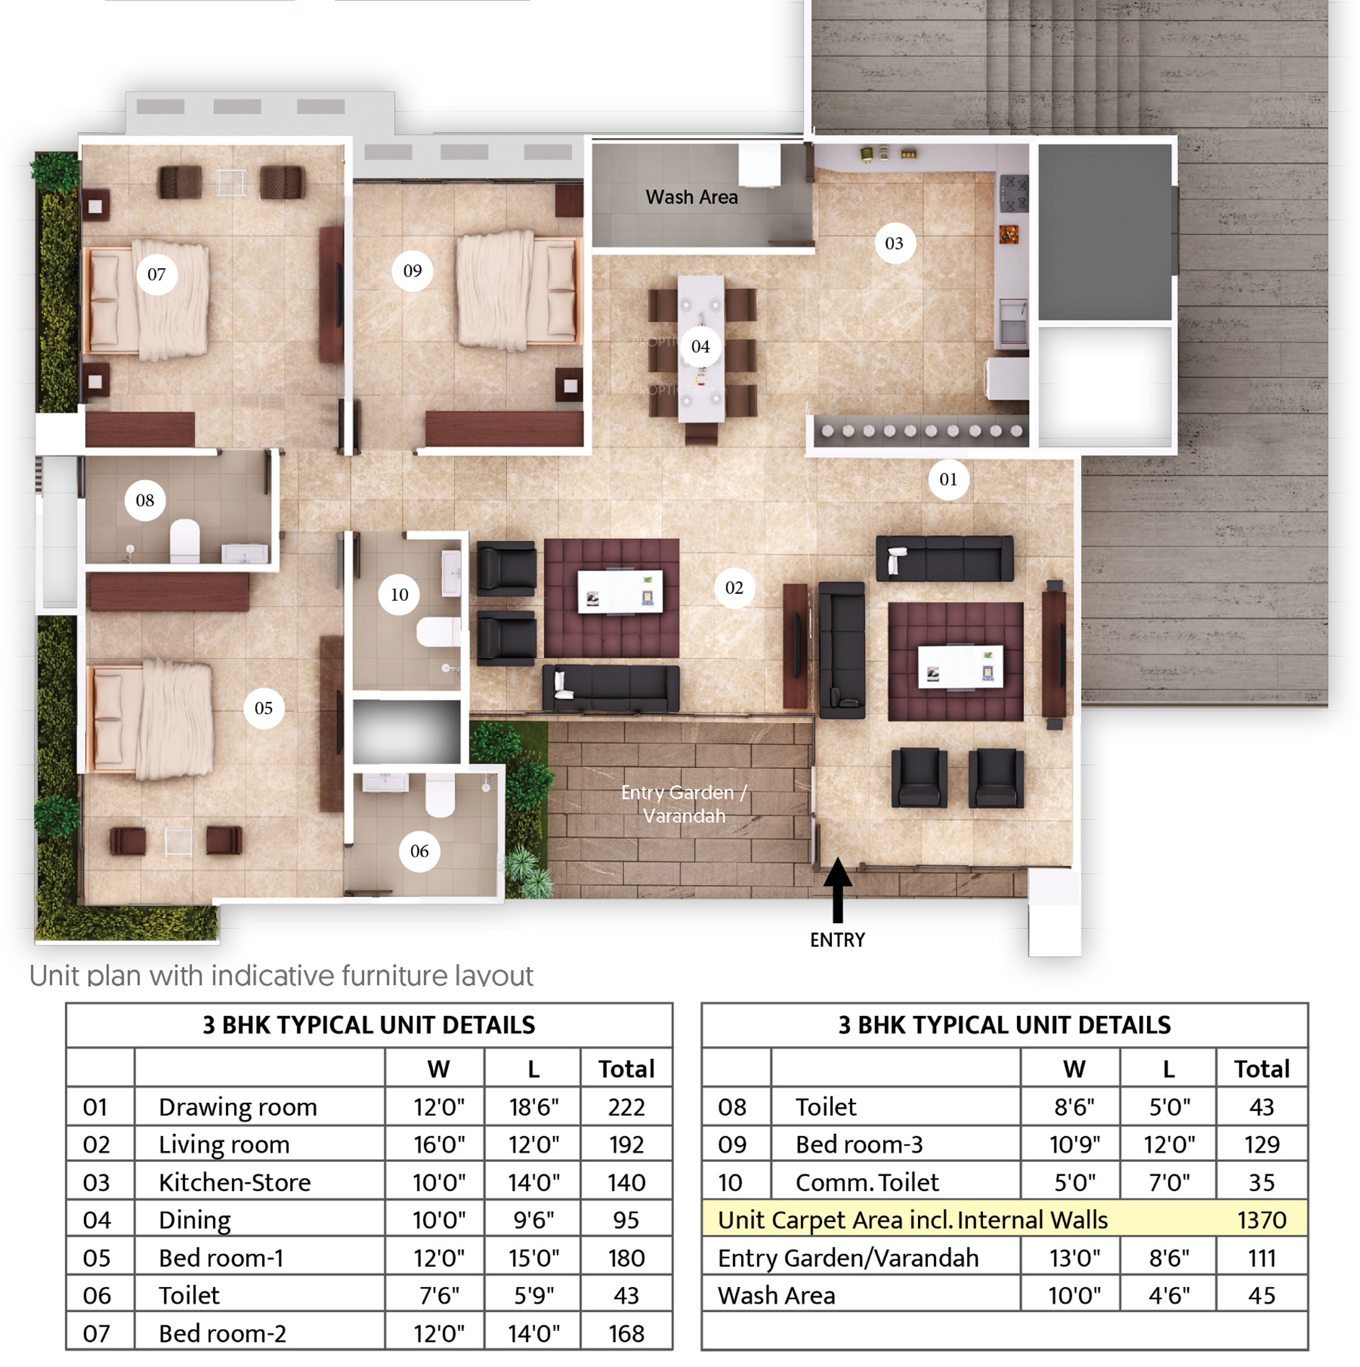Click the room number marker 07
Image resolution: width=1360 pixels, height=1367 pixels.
pos(156,274)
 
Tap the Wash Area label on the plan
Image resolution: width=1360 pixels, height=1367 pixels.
pos(691,197)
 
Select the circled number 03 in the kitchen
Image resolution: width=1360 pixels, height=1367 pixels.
pos(894,243)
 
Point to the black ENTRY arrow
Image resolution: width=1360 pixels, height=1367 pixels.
pos(838,889)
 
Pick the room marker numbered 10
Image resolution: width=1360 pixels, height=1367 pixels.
pos(399,594)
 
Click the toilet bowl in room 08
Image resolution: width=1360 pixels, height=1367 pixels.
pos(185,541)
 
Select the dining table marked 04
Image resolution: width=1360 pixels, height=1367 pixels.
pos(700,348)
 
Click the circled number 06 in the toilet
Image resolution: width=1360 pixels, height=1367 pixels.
pos(420,851)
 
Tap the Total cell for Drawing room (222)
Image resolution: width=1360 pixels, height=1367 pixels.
pos(626,1107)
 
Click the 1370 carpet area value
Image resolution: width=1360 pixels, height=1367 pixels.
pos(1262,1220)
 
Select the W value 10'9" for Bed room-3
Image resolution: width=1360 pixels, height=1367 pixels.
pos(1074,1144)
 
